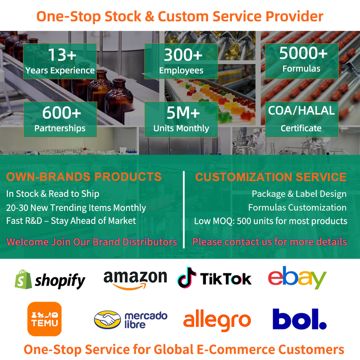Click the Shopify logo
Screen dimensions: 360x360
point(50,279)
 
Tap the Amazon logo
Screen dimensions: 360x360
point(135,280)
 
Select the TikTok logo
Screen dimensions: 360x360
point(214,278)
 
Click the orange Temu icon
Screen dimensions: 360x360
point(44,319)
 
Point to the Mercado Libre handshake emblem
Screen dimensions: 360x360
point(108,319)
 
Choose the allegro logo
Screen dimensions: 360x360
point(217,320)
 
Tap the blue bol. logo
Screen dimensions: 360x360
point(299,319)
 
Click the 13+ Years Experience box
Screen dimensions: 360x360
point(60,61)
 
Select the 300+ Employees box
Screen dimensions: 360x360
point(181,61)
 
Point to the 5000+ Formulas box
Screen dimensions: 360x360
point(301,61)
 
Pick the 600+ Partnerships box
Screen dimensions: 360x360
point(60,119)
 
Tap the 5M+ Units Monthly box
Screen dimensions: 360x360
point(181,119)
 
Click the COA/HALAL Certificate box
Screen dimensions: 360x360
point(301,119)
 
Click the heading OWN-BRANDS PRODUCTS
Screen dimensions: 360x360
point(84,177)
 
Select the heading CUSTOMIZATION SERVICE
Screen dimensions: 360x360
point(271,177)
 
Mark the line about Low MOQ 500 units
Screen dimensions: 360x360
point(271,221)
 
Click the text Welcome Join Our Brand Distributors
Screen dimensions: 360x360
point(92,242)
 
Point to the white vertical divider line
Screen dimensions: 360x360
point(184,210)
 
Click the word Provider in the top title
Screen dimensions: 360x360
point(295,16)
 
